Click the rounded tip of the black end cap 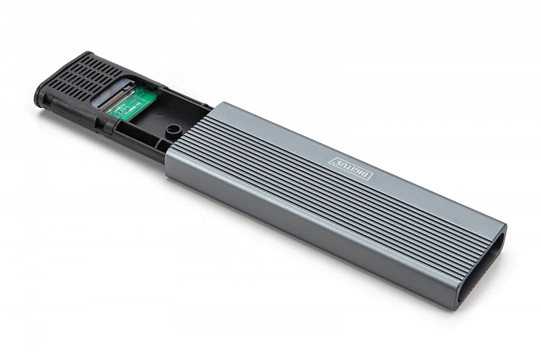coord(41,97)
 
